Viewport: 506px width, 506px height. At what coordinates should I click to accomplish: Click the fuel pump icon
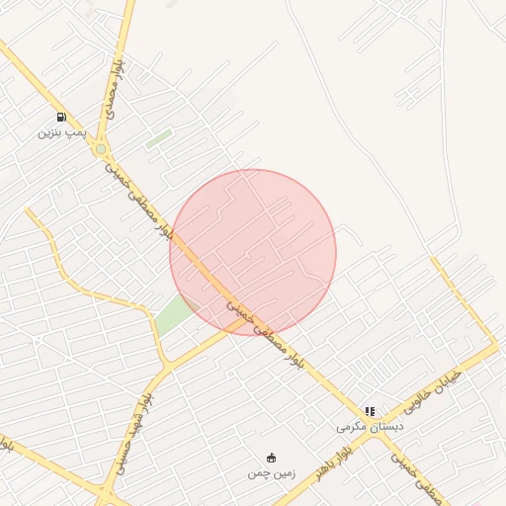tap(62, 118)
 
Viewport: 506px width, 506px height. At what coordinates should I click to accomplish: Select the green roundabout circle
tap(101, 149)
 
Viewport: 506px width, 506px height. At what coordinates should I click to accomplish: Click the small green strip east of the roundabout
tap(159, 138)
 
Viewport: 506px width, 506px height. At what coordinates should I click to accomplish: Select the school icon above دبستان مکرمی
tap(370, 411)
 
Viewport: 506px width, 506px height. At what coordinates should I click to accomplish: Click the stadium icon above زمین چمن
tap(271, 457)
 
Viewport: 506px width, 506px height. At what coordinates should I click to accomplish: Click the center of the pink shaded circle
tap(253, 253)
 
